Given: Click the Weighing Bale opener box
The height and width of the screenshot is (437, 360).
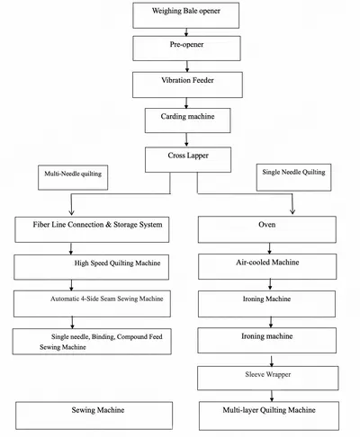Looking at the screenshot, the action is (186, 15).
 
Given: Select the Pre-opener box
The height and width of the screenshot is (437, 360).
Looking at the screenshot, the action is (186, 49).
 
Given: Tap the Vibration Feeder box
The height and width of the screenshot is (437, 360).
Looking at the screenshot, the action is (187, 85).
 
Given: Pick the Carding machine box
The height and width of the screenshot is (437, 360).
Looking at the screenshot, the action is (188, 120).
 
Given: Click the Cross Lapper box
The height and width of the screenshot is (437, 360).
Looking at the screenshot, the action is (188, 159).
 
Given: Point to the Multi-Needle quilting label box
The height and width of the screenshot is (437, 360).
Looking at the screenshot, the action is (73, 177).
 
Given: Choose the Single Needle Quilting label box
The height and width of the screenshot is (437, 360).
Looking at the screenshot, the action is (293, 177).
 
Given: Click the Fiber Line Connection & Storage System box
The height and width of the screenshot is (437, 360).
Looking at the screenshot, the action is (92, 229).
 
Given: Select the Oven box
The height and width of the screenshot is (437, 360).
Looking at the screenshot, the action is (267, 229).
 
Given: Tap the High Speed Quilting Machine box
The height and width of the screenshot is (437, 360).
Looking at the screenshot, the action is (91, 267).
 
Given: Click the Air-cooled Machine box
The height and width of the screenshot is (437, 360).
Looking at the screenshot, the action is (267, 266).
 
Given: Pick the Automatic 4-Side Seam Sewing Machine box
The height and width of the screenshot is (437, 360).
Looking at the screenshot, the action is (92, 304).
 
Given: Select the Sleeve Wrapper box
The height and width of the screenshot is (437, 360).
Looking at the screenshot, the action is (268, 378).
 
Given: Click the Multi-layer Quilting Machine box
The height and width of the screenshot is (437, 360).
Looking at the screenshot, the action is (269, 416).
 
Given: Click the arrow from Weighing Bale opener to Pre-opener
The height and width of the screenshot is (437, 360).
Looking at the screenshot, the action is (186, 32).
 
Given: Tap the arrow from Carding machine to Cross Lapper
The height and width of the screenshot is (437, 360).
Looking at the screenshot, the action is (186, 139).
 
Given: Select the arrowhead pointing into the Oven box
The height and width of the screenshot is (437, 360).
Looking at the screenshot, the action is (292, 211).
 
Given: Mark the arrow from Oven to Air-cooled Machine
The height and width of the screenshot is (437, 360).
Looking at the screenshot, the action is (269, 248).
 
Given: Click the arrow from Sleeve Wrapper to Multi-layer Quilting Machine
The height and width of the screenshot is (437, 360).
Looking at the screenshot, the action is (272, 396).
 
